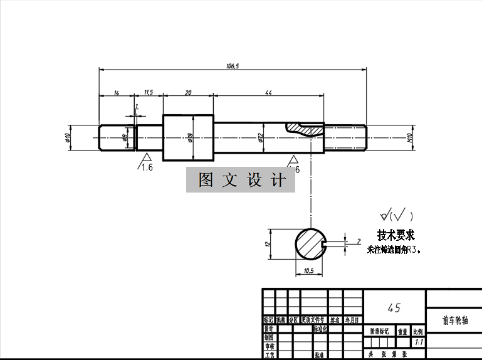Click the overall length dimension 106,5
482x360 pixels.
tap(232, 65)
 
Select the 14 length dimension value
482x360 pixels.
tap(117, 92)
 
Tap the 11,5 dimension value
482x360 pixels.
tap(149, 92)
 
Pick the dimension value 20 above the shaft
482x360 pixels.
tap(188, 92)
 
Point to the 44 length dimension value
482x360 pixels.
tap(268, 92)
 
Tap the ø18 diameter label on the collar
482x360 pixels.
tap(190, 137)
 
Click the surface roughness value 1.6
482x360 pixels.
tap(147, 167)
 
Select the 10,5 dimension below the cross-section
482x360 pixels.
tap(308, 271)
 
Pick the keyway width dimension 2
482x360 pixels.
tap(359, 240)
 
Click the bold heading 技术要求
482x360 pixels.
tap(396, 235)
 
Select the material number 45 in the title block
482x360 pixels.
tap(394, 307)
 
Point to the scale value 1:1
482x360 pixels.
tap(418, 342)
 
